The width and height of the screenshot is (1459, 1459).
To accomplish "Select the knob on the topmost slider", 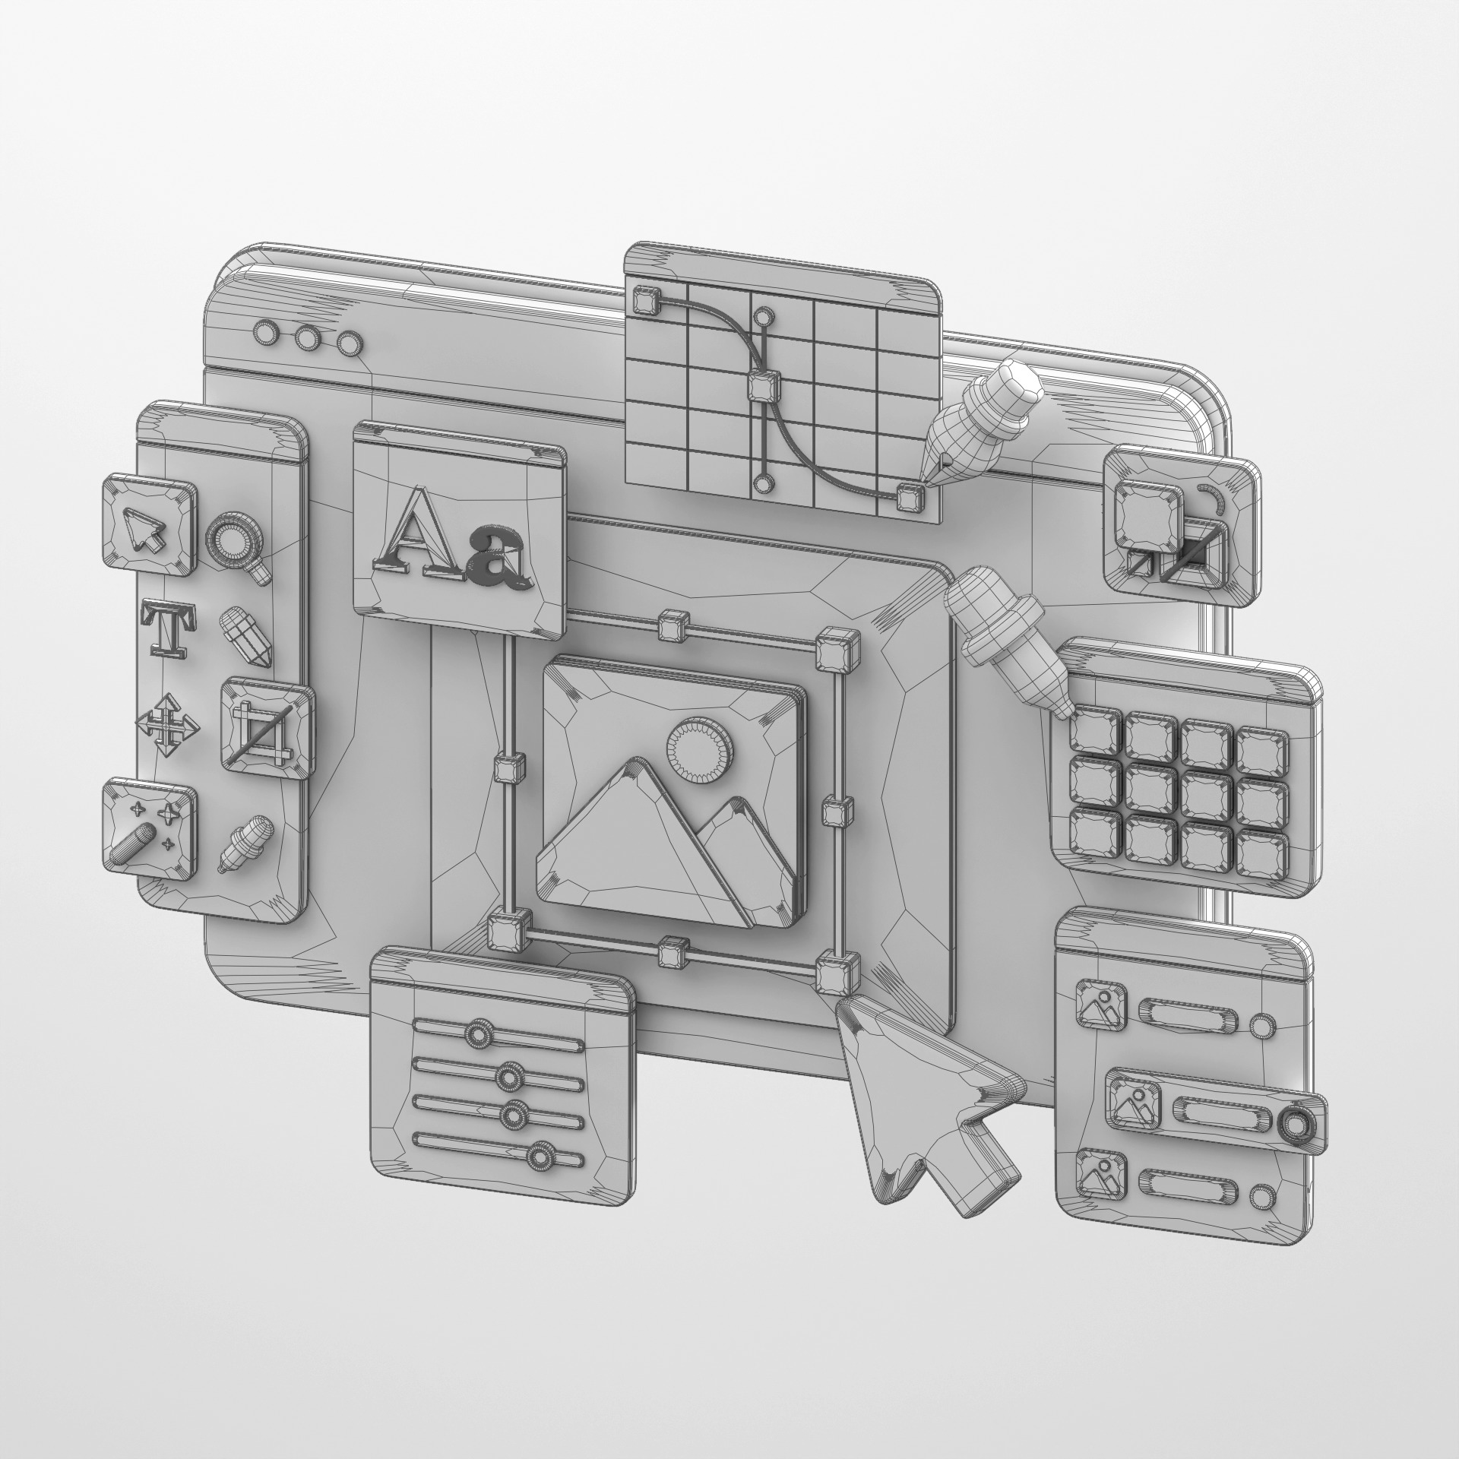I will point(478,1034).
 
